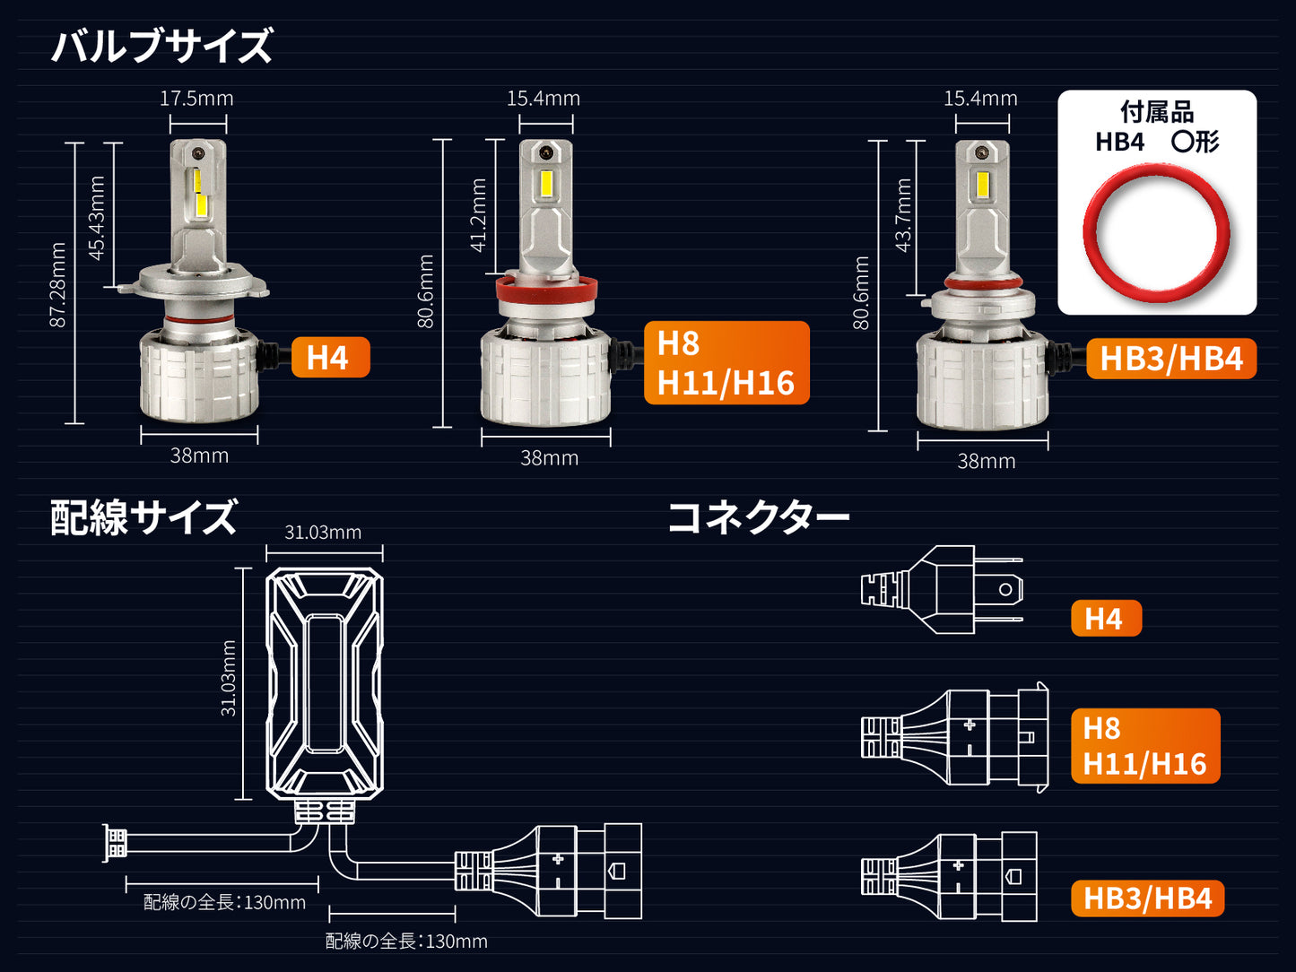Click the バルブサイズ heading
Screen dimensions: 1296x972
click(161, 45)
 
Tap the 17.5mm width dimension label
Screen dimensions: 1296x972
click(196, 98)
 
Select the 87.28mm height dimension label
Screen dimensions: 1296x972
click(58, 284)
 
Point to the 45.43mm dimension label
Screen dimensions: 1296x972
click(96, 218)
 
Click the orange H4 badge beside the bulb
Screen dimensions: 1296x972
click(331, 357)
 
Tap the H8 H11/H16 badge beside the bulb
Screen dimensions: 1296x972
click(726, 362)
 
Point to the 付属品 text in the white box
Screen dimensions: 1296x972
click(1157, 111)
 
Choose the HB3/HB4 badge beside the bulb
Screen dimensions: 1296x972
click(1171, 359)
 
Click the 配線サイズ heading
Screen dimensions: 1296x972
click(144, 517)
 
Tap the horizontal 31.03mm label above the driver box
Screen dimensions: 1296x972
click(323, 533)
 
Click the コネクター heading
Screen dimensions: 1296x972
click(758, 517)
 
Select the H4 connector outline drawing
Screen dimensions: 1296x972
click(941, 590)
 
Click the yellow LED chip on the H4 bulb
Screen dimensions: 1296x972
click(200, 193)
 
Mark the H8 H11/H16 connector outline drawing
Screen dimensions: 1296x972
click(954, 738)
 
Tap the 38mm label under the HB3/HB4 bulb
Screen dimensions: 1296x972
click(986, 461)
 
